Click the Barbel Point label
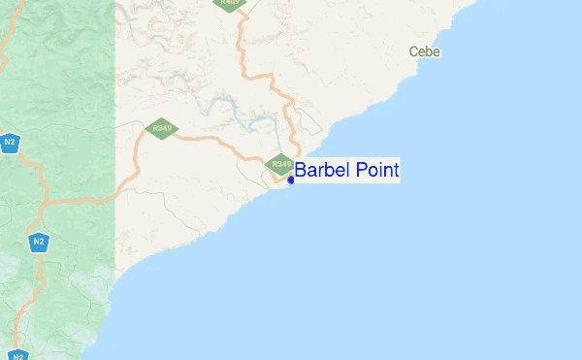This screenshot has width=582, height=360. pos(346,171)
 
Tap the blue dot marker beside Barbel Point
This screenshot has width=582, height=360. pos(291,180)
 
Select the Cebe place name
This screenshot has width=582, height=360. pos(425,51)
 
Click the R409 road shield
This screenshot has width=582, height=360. pos(230,3)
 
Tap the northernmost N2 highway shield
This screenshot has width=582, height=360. pos(10,143)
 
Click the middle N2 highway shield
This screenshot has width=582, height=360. pos(38,242)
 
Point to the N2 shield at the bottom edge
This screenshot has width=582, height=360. pos(18,354)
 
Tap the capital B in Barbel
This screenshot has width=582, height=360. pos(301,171)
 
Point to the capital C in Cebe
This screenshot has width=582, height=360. pos(414,51)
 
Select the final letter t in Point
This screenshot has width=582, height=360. pos(396,171)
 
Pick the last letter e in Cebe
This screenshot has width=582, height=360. pos(437,52)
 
